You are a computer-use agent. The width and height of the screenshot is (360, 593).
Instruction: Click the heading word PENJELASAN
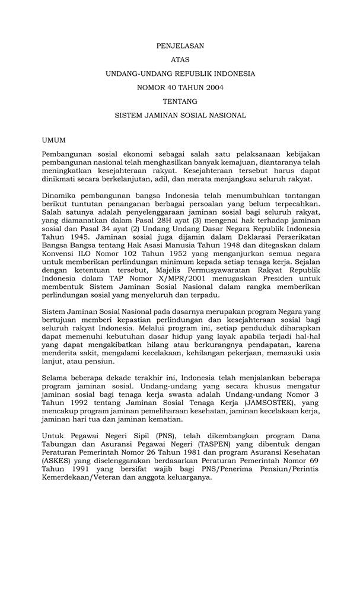pyautogui.click(x=180, y=45)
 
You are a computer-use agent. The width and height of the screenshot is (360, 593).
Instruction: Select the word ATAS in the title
pyautogui.click(x=180, y=59)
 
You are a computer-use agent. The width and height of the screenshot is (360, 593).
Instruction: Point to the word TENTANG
pyautogui.click(x=180, y=101)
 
